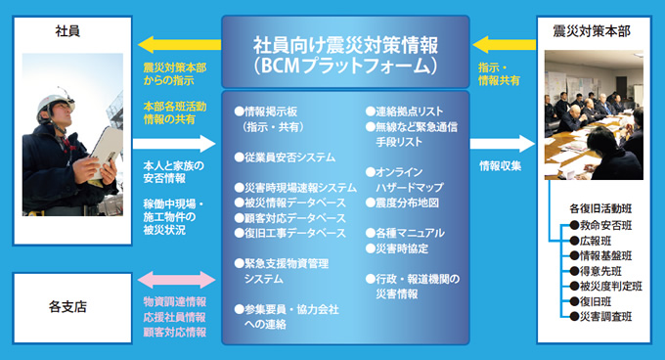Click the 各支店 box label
[67, 306]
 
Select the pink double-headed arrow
[176, 279]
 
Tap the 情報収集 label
[500, 166]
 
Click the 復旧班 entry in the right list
[598, 301]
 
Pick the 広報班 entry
[598, 241]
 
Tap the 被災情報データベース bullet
[294, 202]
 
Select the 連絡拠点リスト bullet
[407, 112]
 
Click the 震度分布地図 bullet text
[406, 202]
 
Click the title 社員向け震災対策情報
[345, 45]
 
